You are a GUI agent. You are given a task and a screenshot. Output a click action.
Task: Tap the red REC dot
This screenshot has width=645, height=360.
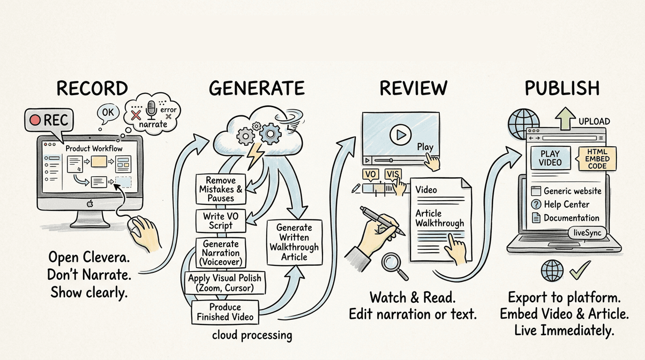point(35,120)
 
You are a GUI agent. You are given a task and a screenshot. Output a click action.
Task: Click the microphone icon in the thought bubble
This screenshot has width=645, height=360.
point(151,109)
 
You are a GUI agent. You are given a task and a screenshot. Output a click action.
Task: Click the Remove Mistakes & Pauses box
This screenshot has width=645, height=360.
point(220,189)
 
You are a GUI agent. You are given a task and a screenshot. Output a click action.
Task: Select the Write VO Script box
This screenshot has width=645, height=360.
point(220,220)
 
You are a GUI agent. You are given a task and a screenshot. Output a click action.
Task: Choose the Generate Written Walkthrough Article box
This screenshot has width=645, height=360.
point(294,242)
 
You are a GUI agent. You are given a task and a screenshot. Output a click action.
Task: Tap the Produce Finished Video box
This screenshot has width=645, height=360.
point(225,312)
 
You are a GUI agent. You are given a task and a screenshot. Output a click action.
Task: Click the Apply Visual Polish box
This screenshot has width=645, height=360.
point(225,283)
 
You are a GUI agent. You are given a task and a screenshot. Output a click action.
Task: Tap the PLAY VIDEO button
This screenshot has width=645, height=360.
point(550,158)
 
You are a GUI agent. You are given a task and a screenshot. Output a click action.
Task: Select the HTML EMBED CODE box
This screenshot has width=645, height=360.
point(597,159)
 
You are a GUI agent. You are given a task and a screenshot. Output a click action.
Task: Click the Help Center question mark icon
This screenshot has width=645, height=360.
point(536,205)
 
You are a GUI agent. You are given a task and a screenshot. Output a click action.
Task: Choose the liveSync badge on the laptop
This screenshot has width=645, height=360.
point(587,232)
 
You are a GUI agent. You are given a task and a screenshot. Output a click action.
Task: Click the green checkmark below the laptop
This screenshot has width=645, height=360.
point(579,270)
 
